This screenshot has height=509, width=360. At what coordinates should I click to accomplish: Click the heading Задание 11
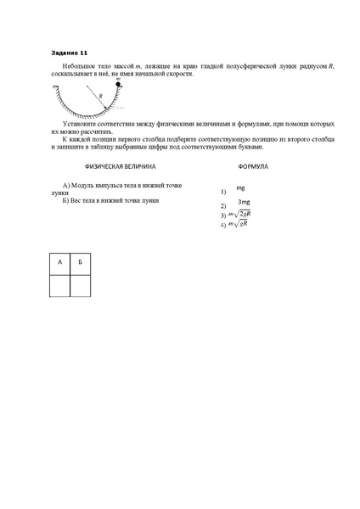pyautogui.click(x=65, y=53)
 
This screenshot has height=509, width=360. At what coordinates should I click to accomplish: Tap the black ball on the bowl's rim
pyautogui.click(x=118, y=86)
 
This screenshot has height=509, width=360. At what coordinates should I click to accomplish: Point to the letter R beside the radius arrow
pyautogui.click(x=101, y=97)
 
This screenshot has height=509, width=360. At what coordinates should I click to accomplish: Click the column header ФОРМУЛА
pyautogui.click(x=254, y=168)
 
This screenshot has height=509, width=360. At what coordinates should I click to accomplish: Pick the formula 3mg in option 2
pyautogui.click(x=244, y=202)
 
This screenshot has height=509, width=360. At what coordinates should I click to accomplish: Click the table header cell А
pyautogui.click(x=59, y=263)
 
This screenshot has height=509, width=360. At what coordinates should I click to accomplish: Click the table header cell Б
pyautogui.click(x=79, y=263)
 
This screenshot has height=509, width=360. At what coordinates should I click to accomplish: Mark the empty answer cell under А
pyautogui.click(x=59, y=285)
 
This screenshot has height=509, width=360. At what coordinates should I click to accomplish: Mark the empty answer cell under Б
pyautogui.click(x=79, y=285)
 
